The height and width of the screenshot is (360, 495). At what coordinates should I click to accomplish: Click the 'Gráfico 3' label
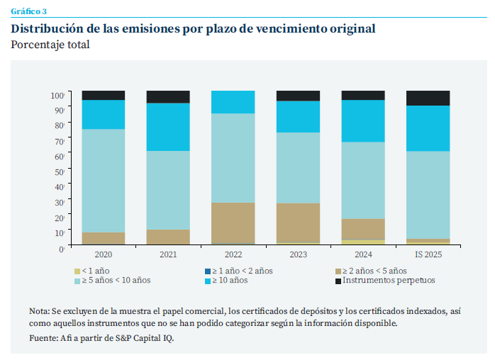point(29,12)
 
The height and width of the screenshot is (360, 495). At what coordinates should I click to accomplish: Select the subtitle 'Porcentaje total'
point(50,45)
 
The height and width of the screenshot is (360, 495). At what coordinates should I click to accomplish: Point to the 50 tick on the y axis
point(60,171)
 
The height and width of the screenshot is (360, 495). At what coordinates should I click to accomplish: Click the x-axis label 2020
point(104,254)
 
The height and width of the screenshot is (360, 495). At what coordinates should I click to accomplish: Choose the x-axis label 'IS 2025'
point(428,254)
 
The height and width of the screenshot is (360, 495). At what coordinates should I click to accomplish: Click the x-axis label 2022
point(233,254)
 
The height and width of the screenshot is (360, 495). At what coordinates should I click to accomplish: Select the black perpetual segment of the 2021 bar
point(168,96)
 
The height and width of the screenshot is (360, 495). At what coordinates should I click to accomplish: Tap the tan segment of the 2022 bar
point(233,223)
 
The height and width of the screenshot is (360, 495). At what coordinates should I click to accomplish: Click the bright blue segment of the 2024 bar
point(363,120)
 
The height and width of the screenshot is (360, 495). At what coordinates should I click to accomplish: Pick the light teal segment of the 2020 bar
point(104,180)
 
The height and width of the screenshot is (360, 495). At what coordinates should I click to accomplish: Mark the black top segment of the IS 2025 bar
point(428,98)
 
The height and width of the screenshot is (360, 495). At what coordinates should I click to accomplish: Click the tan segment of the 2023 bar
point(298,223)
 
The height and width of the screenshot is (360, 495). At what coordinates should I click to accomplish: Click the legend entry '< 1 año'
point(95,271)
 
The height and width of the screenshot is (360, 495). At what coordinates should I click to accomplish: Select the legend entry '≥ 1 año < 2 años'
point(238,271)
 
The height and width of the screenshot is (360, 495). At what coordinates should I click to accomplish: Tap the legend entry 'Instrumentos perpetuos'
point(386,281)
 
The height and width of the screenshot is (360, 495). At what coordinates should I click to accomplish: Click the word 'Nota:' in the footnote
point(40,311)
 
